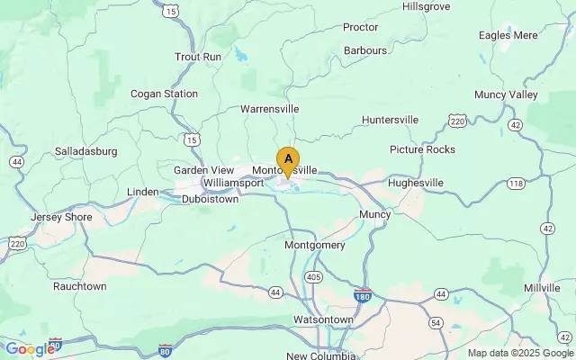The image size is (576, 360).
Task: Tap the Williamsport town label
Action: [233, 183]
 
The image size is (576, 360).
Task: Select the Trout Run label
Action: [198, 57]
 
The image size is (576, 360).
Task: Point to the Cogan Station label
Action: [164, 94]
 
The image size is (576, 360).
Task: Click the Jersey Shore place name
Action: [60, 218]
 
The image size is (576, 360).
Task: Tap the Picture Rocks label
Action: [422, 149]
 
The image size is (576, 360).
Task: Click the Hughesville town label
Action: [416, 183]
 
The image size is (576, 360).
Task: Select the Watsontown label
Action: [323, 320]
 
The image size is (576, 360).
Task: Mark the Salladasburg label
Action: [86, 151]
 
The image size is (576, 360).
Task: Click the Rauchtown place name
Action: [79, 286]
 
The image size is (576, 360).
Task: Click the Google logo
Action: [30, 349]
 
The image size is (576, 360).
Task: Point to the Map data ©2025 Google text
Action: [519, 353]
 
